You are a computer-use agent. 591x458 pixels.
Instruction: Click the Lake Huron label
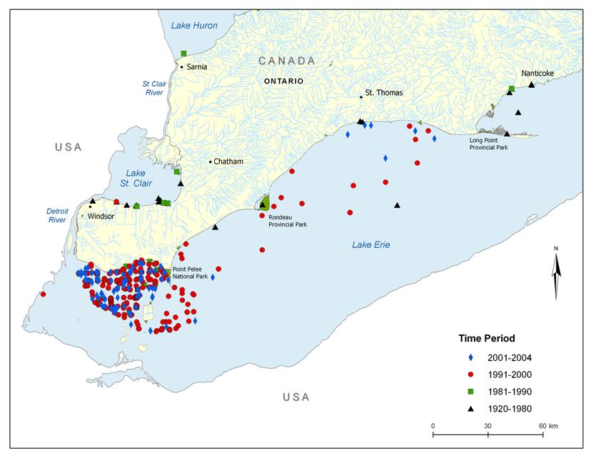(194, 26)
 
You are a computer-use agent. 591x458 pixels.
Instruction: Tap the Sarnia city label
(196, 66)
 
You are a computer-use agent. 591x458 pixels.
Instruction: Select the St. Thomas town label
(384, 93)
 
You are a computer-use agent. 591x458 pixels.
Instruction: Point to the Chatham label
(228, 161)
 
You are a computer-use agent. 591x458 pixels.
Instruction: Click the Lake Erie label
(370, 245)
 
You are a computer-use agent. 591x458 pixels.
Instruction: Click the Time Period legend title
(487, 337)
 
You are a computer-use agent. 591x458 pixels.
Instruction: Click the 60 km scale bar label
(548, 425)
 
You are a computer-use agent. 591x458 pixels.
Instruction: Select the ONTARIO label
(283, 81)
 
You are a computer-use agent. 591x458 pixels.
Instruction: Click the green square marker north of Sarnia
(184, 53)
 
